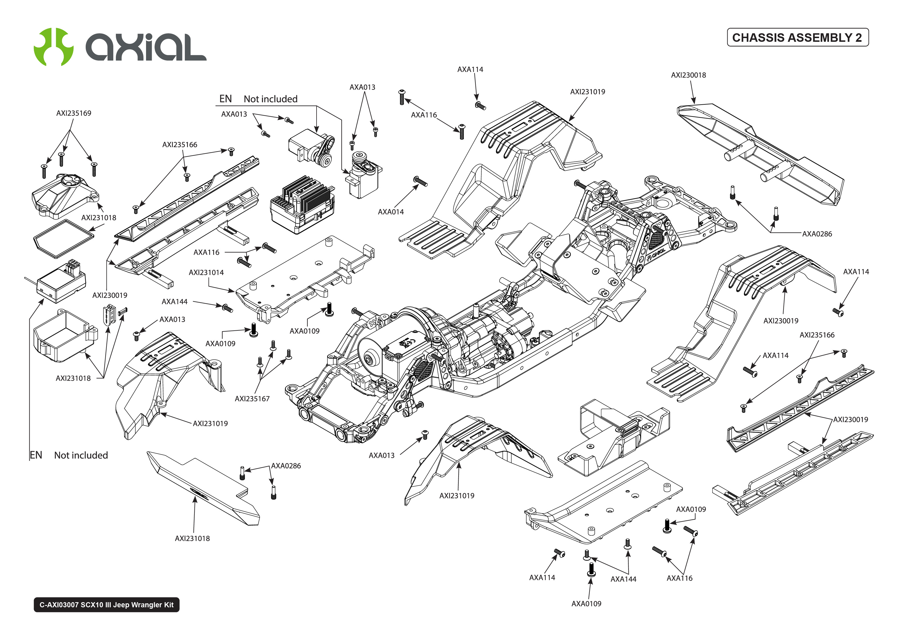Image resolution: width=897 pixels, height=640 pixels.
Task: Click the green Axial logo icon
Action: (x=54, y=47)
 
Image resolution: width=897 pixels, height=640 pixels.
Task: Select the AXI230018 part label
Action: (x=688, y=75)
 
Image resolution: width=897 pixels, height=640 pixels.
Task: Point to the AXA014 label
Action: (x=391, y=212)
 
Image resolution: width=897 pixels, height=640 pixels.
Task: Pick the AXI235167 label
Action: (x=252, y=398)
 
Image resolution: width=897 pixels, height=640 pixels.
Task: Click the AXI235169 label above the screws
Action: (x=73, y=113)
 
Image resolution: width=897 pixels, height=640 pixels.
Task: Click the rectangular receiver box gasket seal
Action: (x=63, y=239)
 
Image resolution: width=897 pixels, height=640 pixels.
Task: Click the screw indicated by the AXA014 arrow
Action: (x=420, y=182)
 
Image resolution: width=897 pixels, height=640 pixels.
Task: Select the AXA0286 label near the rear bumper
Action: (x=817, y=234)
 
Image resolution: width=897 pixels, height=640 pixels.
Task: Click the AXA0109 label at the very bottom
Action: (x=586, y=603)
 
